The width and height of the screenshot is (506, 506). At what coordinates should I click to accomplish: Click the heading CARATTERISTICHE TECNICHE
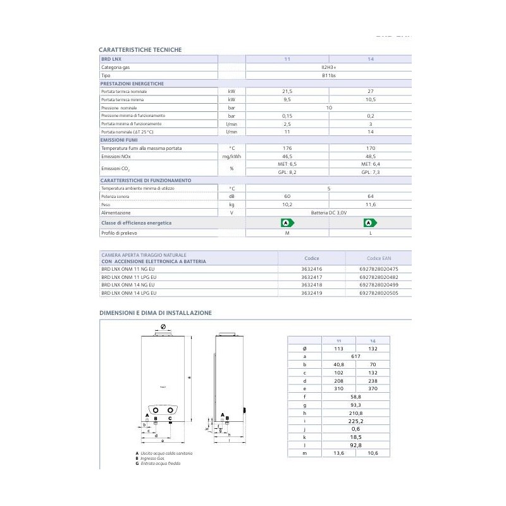(141, 49)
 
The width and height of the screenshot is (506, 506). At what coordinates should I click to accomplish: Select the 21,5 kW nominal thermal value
(287, 91)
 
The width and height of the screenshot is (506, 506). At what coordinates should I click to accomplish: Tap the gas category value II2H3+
(328, 66)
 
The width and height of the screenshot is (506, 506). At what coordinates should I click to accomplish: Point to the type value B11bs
(328, 75)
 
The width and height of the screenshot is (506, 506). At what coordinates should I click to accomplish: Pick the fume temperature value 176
(287, 148)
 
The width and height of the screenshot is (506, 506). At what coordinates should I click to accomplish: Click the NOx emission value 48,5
(370, 156)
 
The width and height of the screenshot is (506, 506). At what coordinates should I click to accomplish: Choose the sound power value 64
(370, 197)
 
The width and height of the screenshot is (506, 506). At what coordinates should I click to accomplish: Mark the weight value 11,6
(370, 205)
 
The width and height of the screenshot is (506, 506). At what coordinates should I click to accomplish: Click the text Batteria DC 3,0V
(328, 213)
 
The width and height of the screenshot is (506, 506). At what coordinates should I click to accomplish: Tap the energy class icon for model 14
(370, 223)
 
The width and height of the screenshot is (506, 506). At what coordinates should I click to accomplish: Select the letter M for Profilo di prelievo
(287, 233)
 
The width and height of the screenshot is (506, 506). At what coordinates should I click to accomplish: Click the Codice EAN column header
(378, 258)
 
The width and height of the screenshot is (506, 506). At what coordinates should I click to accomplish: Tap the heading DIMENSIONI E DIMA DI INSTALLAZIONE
(155, 312)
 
